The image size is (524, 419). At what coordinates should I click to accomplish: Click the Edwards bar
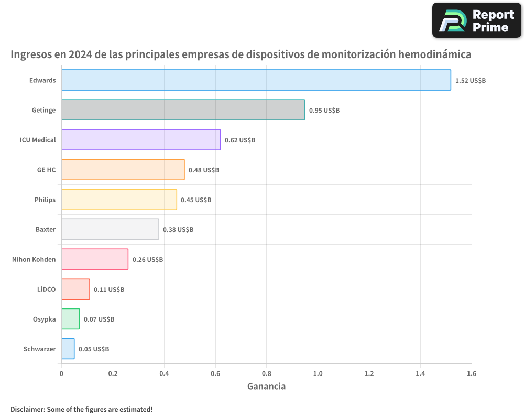coord(256,80)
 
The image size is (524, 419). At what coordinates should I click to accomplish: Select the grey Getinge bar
coord(183,110)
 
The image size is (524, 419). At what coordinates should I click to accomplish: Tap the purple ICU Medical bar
coord(140,140)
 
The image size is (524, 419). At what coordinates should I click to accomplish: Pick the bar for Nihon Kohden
coord(94,259)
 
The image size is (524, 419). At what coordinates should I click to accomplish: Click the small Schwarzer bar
coord(68,349)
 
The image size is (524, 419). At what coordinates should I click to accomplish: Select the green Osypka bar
coord(70,319)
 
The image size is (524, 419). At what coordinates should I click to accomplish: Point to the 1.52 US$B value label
coord(470,81)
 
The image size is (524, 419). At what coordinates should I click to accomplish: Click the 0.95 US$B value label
coord(324,111)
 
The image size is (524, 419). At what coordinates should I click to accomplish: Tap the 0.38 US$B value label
coord(178,230)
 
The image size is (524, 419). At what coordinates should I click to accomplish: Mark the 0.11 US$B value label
coord(108,289)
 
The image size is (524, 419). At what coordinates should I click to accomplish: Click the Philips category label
coord(45,200)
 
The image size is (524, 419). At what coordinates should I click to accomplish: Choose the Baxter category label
coord(45,229)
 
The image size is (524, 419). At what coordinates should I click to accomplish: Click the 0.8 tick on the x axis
coord(266,374)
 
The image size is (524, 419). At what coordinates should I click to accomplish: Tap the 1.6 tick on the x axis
coord(471,374)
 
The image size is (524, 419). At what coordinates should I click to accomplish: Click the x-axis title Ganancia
coord(266,387)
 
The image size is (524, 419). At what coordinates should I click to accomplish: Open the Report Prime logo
coord(476,20)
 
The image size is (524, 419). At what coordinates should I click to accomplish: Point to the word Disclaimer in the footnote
coord(27,409)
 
